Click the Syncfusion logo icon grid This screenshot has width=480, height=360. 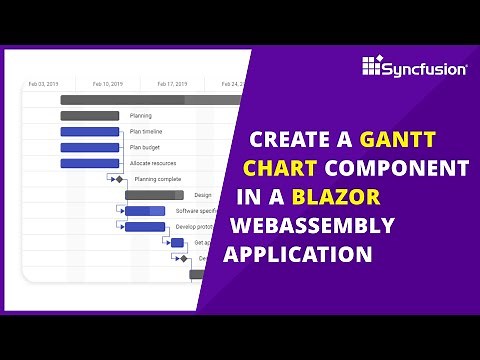(x=373, y=66)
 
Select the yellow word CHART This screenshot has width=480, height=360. (x=279, y=167)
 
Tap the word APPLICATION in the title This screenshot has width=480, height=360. (x=297, y=252)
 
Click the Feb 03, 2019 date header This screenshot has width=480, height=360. (x=44, y=84)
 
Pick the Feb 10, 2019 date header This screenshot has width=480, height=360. (x=107, y=84)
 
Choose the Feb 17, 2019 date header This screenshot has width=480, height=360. (x=172, y=84)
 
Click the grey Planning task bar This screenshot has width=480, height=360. (x=90, y=116)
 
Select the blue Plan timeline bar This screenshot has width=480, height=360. (x=90, y=132)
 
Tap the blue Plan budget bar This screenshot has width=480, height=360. (x=90, y=147)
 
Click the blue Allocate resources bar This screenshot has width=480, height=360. (x=90, y=163)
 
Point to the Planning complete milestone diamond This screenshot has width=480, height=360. (x=119, y=179)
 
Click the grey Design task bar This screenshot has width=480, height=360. (x=154, y=195)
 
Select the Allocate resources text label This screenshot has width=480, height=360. (x=151, y=163)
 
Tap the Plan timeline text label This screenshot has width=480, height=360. (x=146, y=132)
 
